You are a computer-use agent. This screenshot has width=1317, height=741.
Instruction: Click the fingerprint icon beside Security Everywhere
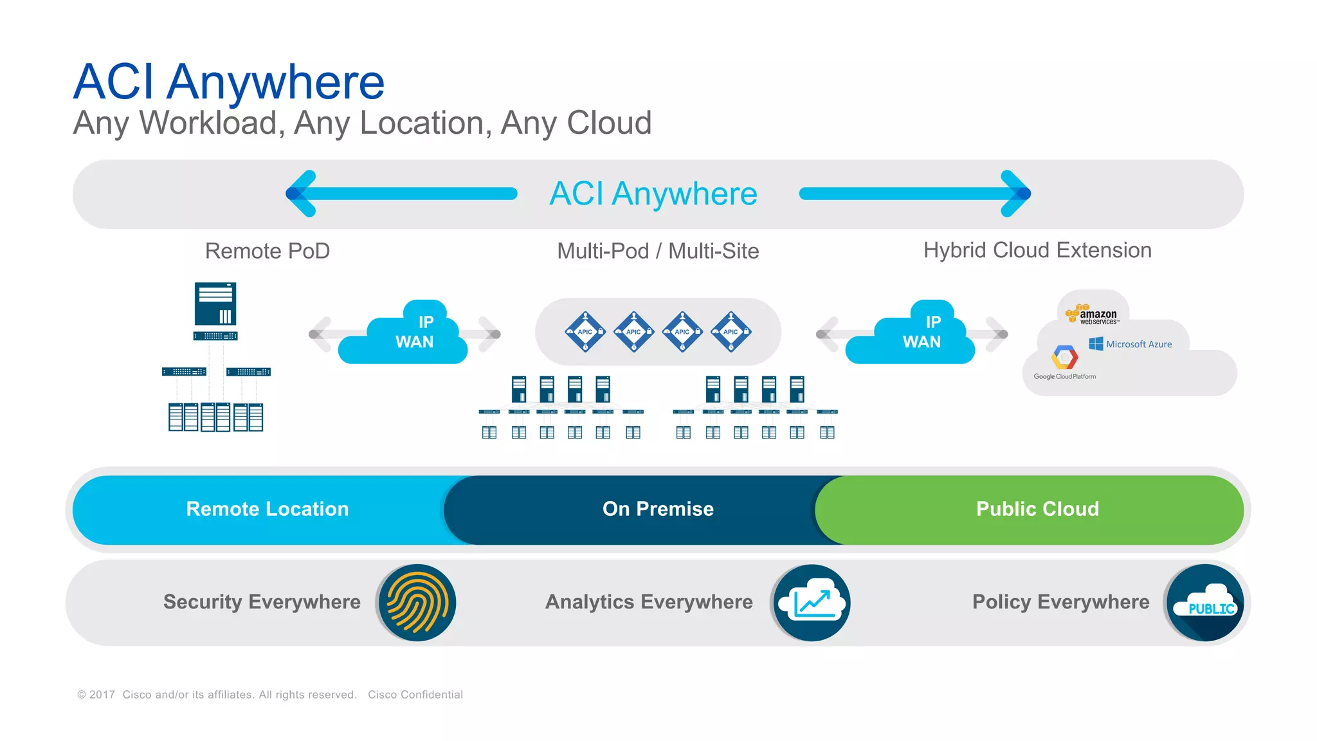coord(417,603)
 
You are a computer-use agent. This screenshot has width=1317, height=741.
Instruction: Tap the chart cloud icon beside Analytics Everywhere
coord(812,603)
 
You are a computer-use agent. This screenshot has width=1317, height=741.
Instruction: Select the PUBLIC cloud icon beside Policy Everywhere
coord(1205,603)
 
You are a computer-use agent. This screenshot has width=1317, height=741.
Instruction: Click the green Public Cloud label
coord(1037,509)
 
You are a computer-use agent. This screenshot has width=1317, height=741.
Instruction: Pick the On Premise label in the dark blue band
coord(658,509)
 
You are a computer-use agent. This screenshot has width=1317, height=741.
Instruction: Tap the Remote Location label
coord(268,509)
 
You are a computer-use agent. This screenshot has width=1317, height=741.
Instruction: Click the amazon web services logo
coord(1093,315)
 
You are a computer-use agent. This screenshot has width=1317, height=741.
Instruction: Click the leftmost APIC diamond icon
coord(585,332)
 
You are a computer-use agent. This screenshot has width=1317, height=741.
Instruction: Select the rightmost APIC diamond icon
coord(731,332)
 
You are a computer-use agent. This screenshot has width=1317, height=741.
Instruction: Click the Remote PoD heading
coord(268,251)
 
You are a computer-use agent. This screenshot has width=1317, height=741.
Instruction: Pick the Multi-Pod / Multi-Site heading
coord(658,251)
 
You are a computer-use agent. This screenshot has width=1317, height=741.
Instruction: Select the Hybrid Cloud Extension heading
coord(1037,250)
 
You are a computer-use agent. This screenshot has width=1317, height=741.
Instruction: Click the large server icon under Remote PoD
coord(215,304)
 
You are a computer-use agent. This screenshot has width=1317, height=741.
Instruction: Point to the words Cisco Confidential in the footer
coord(415,695)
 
